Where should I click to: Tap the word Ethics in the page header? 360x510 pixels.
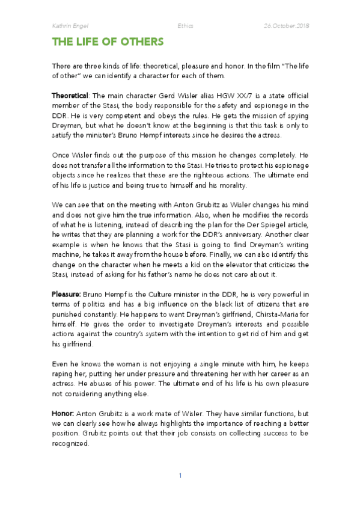(x=185, y=26)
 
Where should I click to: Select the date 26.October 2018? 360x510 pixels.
(x=286, y=26)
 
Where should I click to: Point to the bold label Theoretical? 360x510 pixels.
(x=70, y=96)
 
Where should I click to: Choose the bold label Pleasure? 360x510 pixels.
(x=69, y=294)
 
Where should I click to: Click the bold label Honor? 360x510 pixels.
(x=63, y=415)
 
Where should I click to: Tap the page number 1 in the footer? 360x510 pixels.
(x=180, y=476)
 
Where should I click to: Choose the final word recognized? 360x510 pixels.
(x=70, y=444)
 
